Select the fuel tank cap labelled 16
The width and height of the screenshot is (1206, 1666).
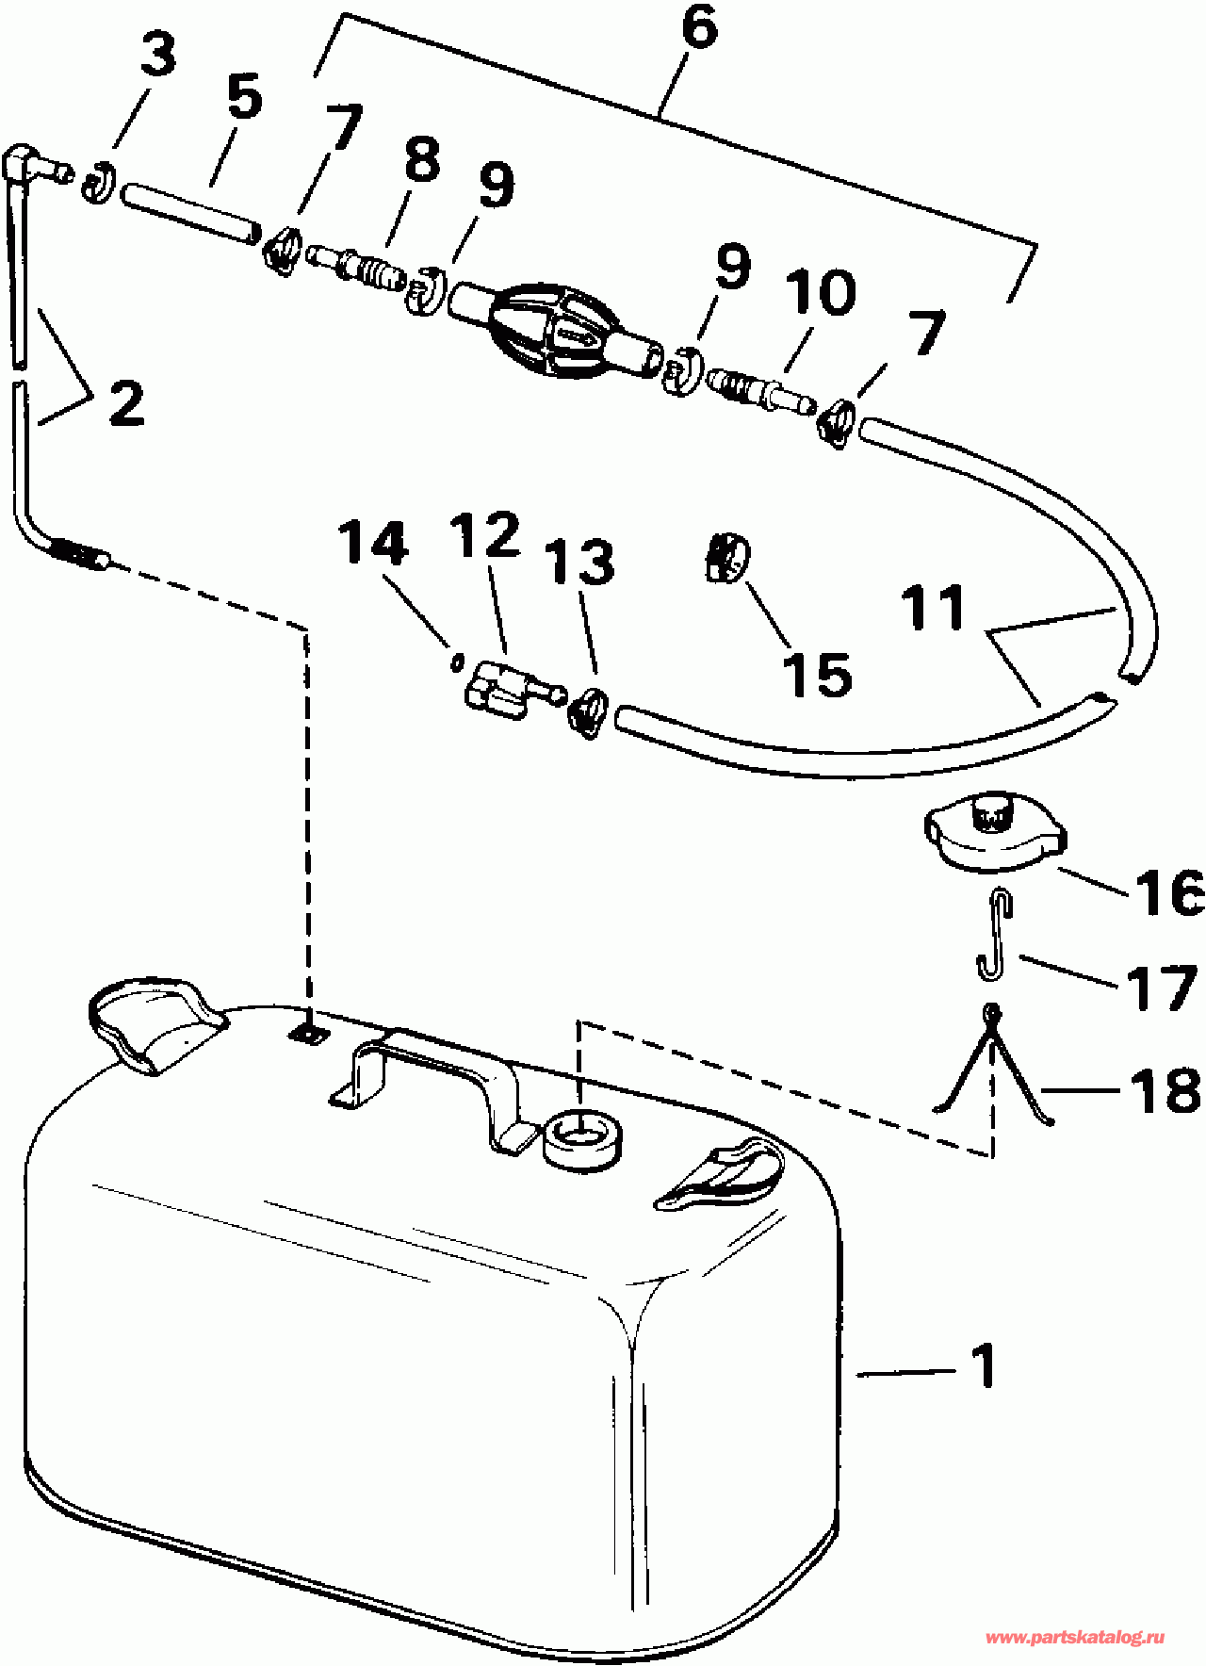994,835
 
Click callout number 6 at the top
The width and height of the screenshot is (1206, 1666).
698,28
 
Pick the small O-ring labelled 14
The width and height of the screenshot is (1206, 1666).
457,662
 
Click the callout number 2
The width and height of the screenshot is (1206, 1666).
127,403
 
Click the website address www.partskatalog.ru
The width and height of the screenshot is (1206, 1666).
1074,1638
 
